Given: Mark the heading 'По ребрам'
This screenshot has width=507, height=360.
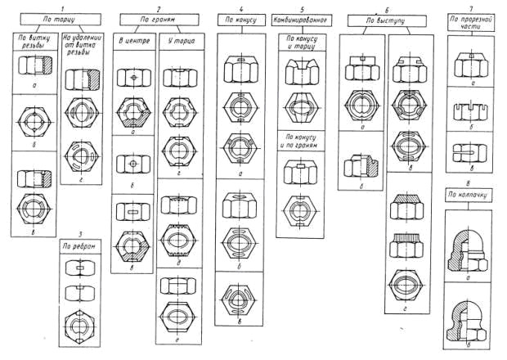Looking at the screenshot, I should pos(82,245).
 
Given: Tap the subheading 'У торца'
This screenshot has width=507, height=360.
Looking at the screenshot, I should pos(180,41).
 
